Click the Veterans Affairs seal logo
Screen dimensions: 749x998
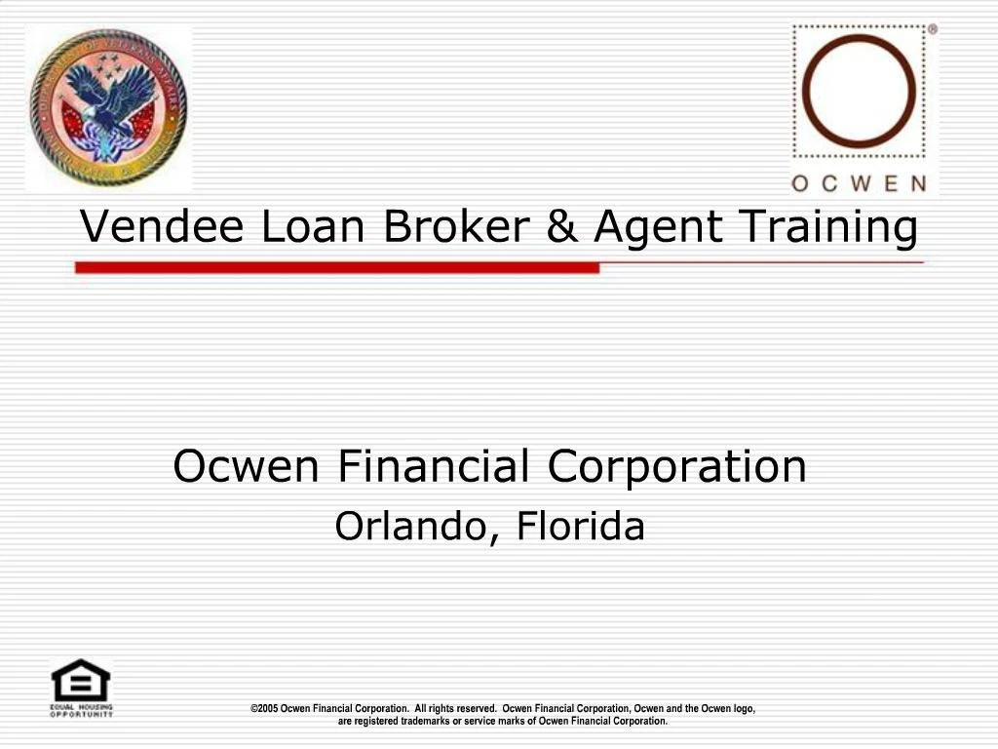coord(107,107)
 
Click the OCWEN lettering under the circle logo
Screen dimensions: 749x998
coord(859,182)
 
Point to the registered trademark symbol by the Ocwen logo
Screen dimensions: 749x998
coord(932,30)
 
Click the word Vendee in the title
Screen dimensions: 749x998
coord(162,227)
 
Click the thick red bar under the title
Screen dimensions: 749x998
coord(337,267)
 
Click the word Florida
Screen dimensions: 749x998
coord(581,527)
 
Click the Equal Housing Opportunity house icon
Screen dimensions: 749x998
coord(81,682)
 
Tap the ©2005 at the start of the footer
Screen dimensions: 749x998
coord(264,709)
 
